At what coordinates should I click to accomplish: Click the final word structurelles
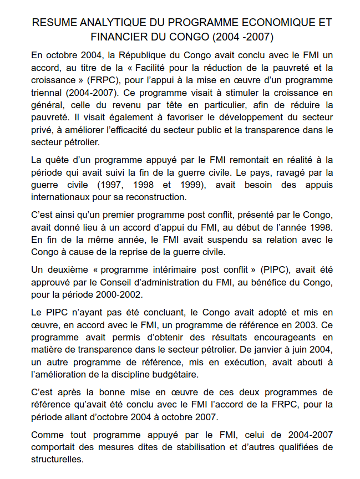(x=57, y=460)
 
